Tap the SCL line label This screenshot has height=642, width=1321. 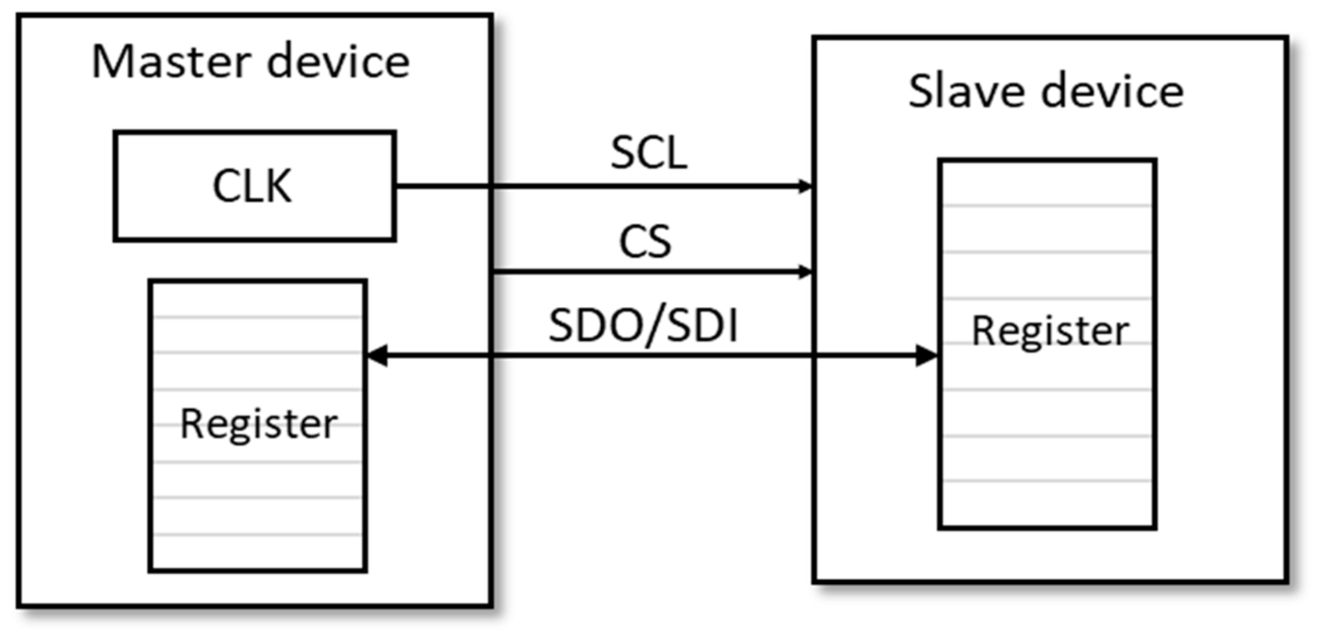point(649,153)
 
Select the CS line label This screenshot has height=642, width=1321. point(645,242)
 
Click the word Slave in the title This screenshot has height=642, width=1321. point(966,91)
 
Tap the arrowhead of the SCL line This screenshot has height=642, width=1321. point(805,186)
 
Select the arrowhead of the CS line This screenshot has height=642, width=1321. point(805,272)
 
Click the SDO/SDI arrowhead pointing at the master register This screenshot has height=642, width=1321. point(377,355)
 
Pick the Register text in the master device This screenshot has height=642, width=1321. point(258,424)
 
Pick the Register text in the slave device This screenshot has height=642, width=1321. point(1050,331)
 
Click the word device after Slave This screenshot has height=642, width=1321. point(1113,91)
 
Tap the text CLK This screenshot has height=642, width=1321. point(252,186)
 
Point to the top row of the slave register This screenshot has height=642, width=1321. point(1047,183)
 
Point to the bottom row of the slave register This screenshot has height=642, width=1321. point(1047,503)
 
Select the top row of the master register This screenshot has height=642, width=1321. point(257,299)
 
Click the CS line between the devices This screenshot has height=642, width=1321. point(646,272)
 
